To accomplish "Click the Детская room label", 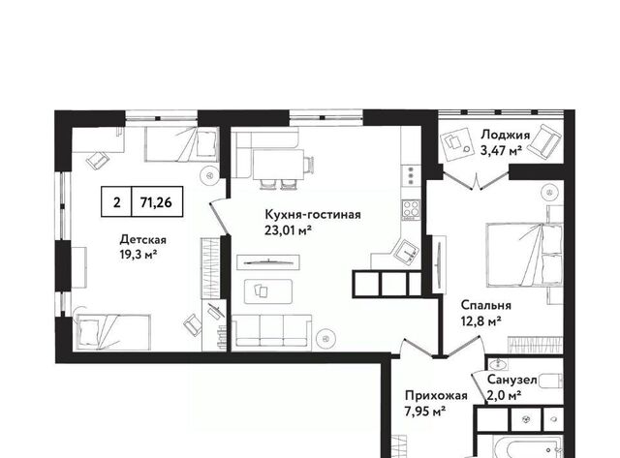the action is (142, 240).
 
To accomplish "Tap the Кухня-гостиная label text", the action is (312, 215).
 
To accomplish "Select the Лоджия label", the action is (505, 136).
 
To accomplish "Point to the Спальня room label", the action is (486, 305).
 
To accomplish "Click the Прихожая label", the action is (436, 396).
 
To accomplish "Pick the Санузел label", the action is (511, 380).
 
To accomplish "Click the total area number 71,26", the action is (156, 202).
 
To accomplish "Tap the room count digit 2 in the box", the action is (116, 202).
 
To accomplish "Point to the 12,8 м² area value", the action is (481, 321).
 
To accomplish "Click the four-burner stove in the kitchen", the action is (411, 210).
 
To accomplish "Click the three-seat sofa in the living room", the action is (271, 331).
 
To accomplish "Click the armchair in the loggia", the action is (545, 139).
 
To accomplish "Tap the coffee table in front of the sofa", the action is (268, 291).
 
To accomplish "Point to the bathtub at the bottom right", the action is (528, 447).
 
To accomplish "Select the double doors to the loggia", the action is (476, 181).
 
